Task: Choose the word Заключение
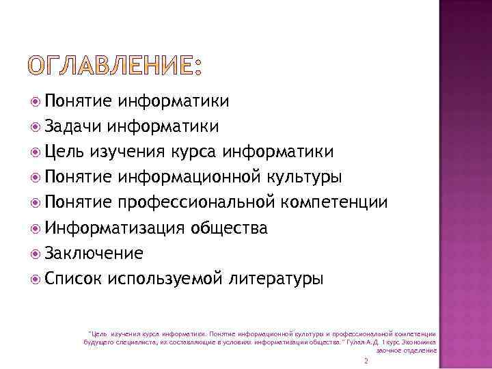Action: pyautogui.click(x=94, y=254)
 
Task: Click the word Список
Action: pyautogui.click(x=73, y=279)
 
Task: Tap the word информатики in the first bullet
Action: pyautogui.click(x=173, y=101)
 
